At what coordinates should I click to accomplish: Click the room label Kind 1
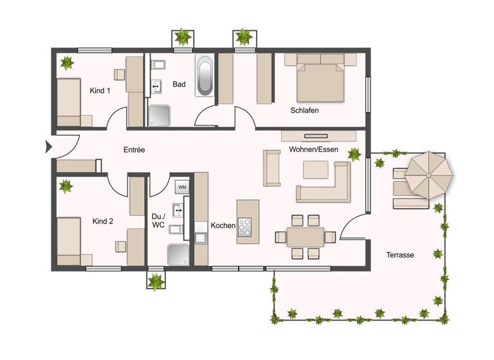(100, 91)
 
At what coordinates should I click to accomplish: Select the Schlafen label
(304, 110)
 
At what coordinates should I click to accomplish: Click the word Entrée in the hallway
(134, 150)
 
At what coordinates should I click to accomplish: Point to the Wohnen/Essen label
(313, 149)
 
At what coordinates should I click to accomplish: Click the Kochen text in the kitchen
(223, 226)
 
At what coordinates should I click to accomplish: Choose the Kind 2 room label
(103, 221)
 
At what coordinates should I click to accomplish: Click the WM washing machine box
(182, 187)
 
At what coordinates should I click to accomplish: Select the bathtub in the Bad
(205, 75)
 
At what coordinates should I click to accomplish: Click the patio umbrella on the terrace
(428, 174)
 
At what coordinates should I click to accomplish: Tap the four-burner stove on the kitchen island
(246, 228)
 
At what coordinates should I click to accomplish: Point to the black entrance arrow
(48, 147)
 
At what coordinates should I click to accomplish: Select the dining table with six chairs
(306, 237)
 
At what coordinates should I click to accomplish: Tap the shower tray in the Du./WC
(178, 255)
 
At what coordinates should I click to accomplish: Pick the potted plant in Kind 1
(66, 63)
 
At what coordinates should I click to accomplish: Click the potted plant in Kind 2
(66, 187)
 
